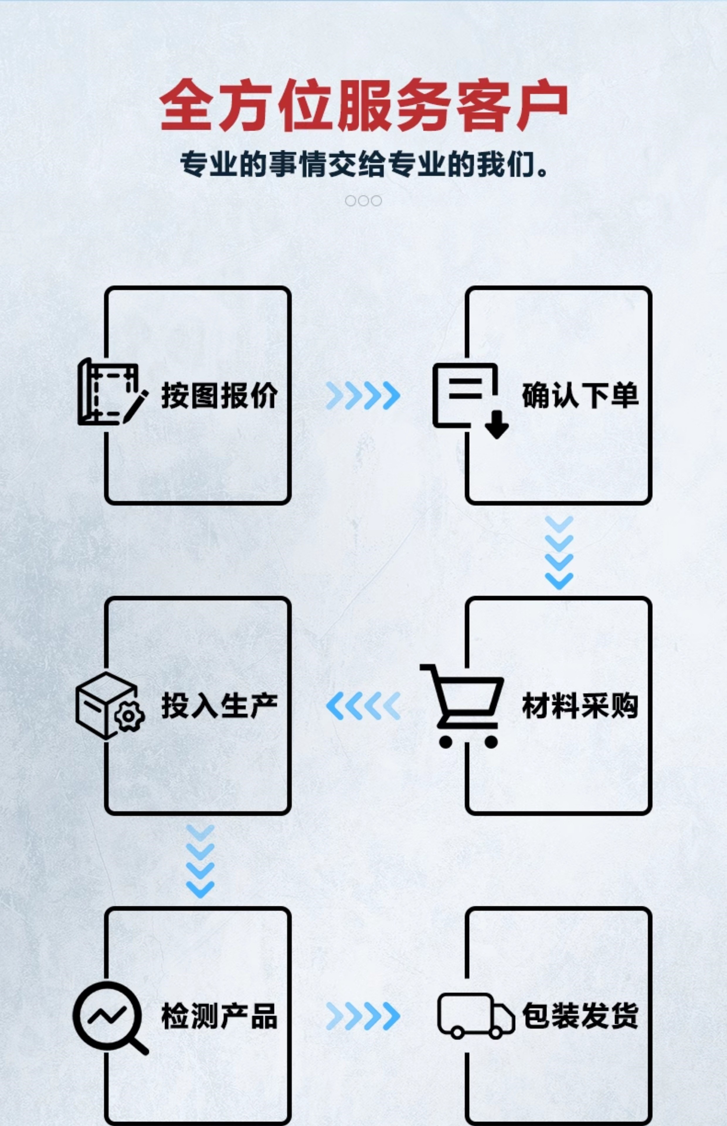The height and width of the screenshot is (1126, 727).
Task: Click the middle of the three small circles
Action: pyautogui.click(x=363, y=201)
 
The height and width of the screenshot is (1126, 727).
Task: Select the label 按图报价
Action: pyautogui.click(x=220, y=395)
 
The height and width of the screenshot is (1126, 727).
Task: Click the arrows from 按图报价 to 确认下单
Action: pyautogui.click(x=363, y=395)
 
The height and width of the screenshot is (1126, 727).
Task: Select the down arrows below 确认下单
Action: pyautogui.click(x=559, y=552)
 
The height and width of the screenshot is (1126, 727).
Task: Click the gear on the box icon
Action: pyautogui.click(x=128, y=716)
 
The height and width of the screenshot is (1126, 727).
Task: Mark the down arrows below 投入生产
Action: pyautogui.click(x=200, y=861)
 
